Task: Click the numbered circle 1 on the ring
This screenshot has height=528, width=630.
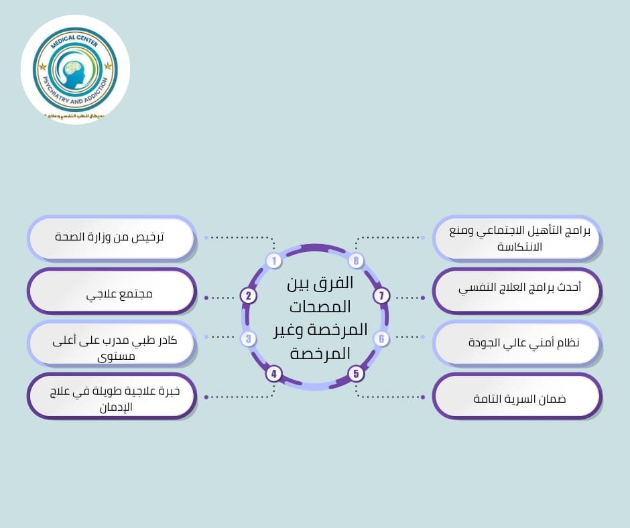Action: (x=273, y=261)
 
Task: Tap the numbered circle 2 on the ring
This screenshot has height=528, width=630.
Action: (x=249, y=296)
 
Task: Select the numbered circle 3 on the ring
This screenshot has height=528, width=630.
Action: (x=249, y=339)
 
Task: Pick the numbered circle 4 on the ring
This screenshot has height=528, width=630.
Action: (x=273, y=373)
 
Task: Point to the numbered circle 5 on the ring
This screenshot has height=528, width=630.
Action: (x=356, y=373)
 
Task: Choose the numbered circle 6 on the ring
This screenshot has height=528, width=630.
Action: (x=381, y=339)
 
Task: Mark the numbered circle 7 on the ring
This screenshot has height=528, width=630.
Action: (x=381, y=296)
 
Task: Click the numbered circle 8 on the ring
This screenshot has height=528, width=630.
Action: (x=356, y=261)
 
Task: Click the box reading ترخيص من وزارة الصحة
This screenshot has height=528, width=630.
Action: (x=112, y=238)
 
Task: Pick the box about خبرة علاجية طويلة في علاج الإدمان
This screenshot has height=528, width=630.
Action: (x=112, y=397)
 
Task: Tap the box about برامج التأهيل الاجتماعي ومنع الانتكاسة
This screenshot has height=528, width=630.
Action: (x=517, y=238)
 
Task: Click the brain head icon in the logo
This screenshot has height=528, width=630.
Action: (x=74, y=71)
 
